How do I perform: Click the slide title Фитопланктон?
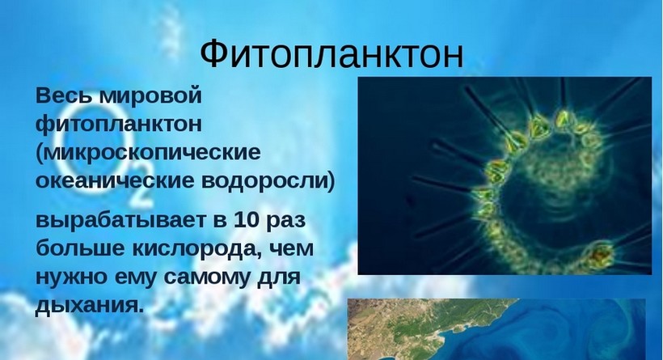331,54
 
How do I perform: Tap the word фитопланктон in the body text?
119,125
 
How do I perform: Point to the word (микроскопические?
148,153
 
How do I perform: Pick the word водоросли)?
268,181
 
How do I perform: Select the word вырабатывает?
121,222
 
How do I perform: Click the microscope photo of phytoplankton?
505,176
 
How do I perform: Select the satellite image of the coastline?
496,329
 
